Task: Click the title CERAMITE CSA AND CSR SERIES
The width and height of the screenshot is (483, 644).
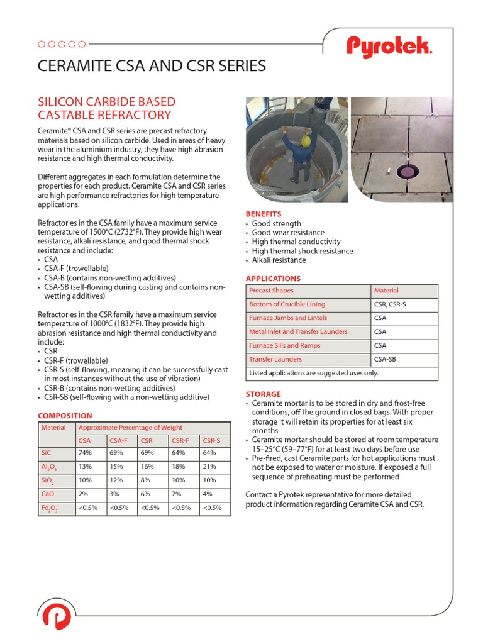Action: click(x=152, y=66)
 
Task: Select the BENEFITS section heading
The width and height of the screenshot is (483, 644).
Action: click(x=263, y=214)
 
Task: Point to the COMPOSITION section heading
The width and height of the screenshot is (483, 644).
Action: click(x=65, y=416)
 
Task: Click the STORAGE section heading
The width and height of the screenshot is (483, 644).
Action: click(x=263, y=394)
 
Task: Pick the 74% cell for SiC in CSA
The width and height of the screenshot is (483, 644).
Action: click(x=85, y=453)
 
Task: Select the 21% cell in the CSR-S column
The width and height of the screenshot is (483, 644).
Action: click(x=209, y=466)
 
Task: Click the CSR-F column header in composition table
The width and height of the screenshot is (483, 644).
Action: click(x=180, y=440)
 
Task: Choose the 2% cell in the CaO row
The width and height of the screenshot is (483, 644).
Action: click(x=84, y=494)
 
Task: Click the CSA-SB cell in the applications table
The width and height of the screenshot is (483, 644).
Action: click(x=384, y=359)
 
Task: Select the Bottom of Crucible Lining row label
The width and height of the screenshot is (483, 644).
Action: click(x=287, y=304)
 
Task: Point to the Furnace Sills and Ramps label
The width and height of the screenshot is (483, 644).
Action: click(x=285, y=345)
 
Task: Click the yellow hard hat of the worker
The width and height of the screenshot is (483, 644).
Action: click(x=306, y=140)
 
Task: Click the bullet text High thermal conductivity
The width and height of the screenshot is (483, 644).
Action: click(x=296, y=241)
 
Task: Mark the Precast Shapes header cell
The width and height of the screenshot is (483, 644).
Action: click(x=271, y=291)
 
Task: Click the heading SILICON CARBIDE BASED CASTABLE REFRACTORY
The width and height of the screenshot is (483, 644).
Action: click(x=106, y=108)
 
